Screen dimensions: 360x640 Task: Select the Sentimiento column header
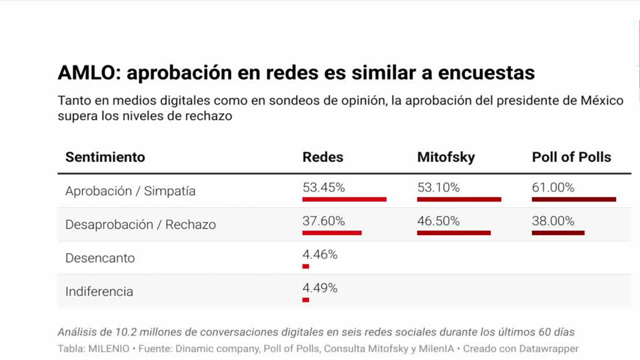click(x=105, y=157)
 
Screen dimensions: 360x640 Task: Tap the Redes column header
click(x=323, y=157)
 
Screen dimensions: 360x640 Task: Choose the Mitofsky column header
click(x=446, y=157)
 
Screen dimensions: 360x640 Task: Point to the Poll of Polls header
click(x=571, y=157)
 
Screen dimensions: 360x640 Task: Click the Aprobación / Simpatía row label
click(x=130, y=191)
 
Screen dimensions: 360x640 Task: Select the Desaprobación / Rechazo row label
click(x=140, y=224)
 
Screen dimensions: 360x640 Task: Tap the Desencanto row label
click(x=100, y=258)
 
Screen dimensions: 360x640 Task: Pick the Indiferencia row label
click(x=99, y=291)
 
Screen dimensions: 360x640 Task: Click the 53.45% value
click(x=323, y=187)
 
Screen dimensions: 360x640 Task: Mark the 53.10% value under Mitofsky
click(x=438, y=187)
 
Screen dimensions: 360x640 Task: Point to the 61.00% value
click(x=553, y=187)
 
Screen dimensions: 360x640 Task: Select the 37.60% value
click(x=323, y=221)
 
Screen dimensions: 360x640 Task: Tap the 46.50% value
click(x=438, y=221)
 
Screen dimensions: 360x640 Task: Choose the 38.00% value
click(x=553, y=221)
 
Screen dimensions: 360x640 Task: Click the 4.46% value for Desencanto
click(x=320, y=254)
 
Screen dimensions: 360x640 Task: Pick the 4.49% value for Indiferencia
click(x=320, y=288)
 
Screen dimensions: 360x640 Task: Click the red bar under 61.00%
click(x=574, y=199)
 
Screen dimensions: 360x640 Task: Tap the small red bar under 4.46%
click(x=306, y=266)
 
